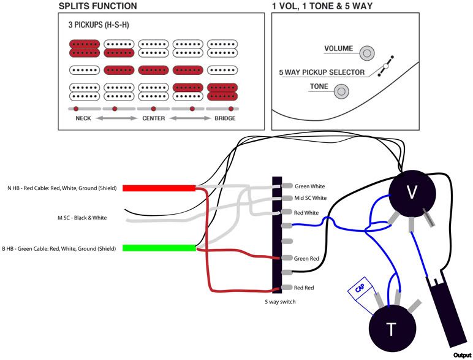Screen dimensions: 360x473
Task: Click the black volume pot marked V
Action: click(x=412, y=193)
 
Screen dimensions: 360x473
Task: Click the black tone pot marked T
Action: click(x=391, y=329)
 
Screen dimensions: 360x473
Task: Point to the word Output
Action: click(x=462, y=355)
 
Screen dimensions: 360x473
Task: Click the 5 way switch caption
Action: click(x=281, y=302)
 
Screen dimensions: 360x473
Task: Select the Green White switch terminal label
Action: click(x=310, y=186)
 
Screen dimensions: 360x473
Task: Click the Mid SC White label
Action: click(x=311, y=198)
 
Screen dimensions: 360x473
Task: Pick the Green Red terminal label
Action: click(x=307, y=259)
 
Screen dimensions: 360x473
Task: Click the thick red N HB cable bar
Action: click(x=159, y=188)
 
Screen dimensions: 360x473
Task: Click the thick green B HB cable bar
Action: click(x=159, y=248)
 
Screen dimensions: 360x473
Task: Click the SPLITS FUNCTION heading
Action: click(x=97, y=6)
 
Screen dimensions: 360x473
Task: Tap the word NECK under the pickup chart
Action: click(x=83, y=118)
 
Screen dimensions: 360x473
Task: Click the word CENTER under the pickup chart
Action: click(x=153, y=118)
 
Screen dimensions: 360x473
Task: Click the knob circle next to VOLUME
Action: click(x=366, y=53)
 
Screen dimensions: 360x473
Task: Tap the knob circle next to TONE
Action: click(x=341, y=91)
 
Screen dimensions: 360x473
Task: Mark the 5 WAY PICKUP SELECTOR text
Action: click(x=322, y=72)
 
